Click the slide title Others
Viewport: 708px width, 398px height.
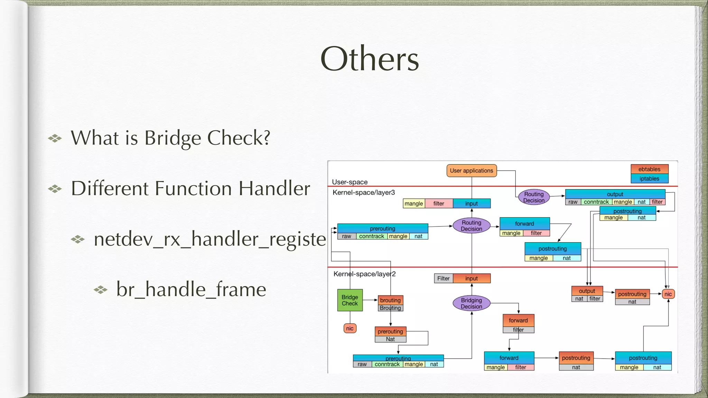[x=370, y=59]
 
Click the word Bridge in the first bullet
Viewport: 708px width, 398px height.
[x=173, y=138]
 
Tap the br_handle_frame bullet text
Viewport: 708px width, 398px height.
[x=191, y=289]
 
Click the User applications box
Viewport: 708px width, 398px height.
[x=471, y=171]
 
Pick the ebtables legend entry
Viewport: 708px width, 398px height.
[x=649, y=169]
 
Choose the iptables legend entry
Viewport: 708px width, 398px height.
[x=649, y=179]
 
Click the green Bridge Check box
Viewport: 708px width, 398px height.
[x=350, y=300]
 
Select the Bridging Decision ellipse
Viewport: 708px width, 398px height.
[x=471, y=303]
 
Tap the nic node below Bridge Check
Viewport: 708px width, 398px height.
[x=350, y=328]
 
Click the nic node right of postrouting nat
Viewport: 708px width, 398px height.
[x=668, y=294]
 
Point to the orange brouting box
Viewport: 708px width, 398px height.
[x=390, y=300]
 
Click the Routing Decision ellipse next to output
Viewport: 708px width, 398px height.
[x=534, y=197]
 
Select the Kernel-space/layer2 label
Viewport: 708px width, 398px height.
[x=364, y=274]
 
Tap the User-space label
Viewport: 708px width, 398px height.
[x=350, y=182]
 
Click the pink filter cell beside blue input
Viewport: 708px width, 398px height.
[x=439, y=203]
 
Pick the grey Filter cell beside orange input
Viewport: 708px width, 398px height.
[x=443, y=278]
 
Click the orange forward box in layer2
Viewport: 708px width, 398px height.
[x=518, y=320]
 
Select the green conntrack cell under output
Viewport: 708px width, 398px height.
[x=596, y=202]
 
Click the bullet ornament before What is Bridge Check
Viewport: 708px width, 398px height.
[x=55, y=139]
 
